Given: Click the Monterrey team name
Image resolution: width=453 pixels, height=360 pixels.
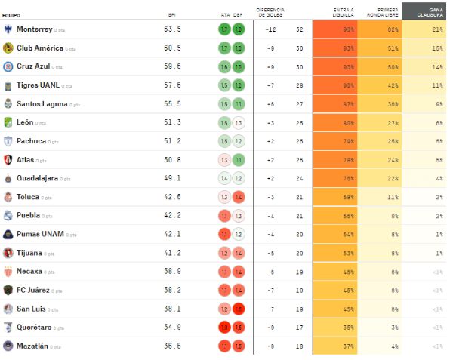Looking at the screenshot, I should pos(34,29).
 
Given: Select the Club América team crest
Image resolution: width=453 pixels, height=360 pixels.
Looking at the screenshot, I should pos(8,48).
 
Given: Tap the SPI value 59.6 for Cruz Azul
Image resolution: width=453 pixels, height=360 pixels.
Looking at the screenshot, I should pos(172,66).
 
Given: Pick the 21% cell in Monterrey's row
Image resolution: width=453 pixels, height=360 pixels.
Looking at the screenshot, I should pos(437,29).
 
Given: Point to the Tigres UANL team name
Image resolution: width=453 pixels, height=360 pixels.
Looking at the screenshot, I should pos(38,85).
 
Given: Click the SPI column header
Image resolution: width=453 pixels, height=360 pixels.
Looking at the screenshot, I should pos(172,14).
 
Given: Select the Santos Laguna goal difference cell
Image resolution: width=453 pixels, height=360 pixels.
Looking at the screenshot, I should pos(270,104).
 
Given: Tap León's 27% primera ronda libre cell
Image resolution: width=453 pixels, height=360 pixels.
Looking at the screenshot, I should pos(393,122).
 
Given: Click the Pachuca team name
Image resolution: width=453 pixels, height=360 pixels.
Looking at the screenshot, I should pos(32,141).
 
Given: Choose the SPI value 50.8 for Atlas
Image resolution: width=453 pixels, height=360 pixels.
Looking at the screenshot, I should pos(172,160).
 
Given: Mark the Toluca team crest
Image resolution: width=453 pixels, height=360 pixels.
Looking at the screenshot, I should pos(8,197).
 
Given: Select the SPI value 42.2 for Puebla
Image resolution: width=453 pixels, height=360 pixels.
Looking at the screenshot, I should pos(172,216).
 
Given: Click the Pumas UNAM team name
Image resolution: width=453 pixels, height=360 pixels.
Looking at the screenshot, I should pos(39,234).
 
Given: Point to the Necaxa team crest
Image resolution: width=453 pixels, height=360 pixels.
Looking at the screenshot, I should pos(8,272).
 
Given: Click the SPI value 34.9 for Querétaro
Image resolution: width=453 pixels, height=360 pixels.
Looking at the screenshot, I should pos(172,328).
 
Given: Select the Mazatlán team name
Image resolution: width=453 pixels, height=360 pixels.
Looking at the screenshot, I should pos(33,346).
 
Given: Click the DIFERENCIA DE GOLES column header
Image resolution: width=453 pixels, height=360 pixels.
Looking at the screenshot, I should pos(271,12).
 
